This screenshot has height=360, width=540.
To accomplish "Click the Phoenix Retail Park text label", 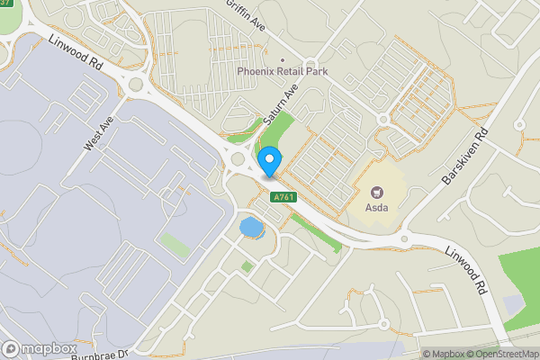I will point(281,71).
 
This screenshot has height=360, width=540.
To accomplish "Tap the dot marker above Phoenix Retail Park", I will point(281,60).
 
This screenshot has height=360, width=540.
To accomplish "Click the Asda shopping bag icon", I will point(377,191).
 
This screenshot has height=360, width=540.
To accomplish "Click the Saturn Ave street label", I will point(279,105).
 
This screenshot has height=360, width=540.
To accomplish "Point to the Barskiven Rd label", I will point(464,154).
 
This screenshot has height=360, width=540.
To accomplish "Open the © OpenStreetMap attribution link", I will point(502,354).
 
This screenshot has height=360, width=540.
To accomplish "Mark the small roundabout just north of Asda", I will point(382,119).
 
